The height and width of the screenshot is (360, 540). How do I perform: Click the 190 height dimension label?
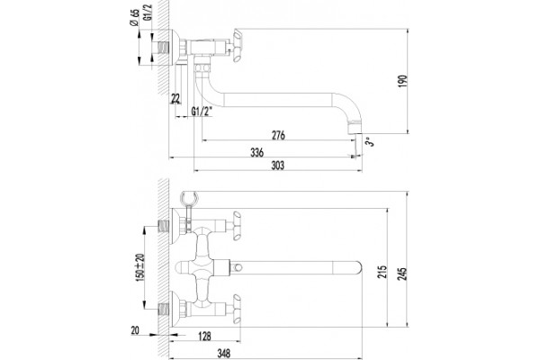(x=403, y=81)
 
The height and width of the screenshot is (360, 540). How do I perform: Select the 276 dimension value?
(x=278, y=135)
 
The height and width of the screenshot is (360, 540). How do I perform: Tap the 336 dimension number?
(x=256, y=152)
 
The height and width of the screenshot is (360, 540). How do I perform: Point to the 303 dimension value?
(x=277, y=166)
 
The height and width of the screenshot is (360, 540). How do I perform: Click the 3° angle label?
(x=370, y=141)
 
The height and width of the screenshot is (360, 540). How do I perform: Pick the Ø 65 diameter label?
(x=134, y=18)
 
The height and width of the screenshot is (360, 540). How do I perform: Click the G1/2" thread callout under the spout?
(x=202, y=112)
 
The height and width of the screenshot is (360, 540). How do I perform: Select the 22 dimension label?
(x=175, y=99)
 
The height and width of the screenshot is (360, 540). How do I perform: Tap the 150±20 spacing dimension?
(x=139, y=267)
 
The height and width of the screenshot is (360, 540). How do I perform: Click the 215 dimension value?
(x=383, y=272)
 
